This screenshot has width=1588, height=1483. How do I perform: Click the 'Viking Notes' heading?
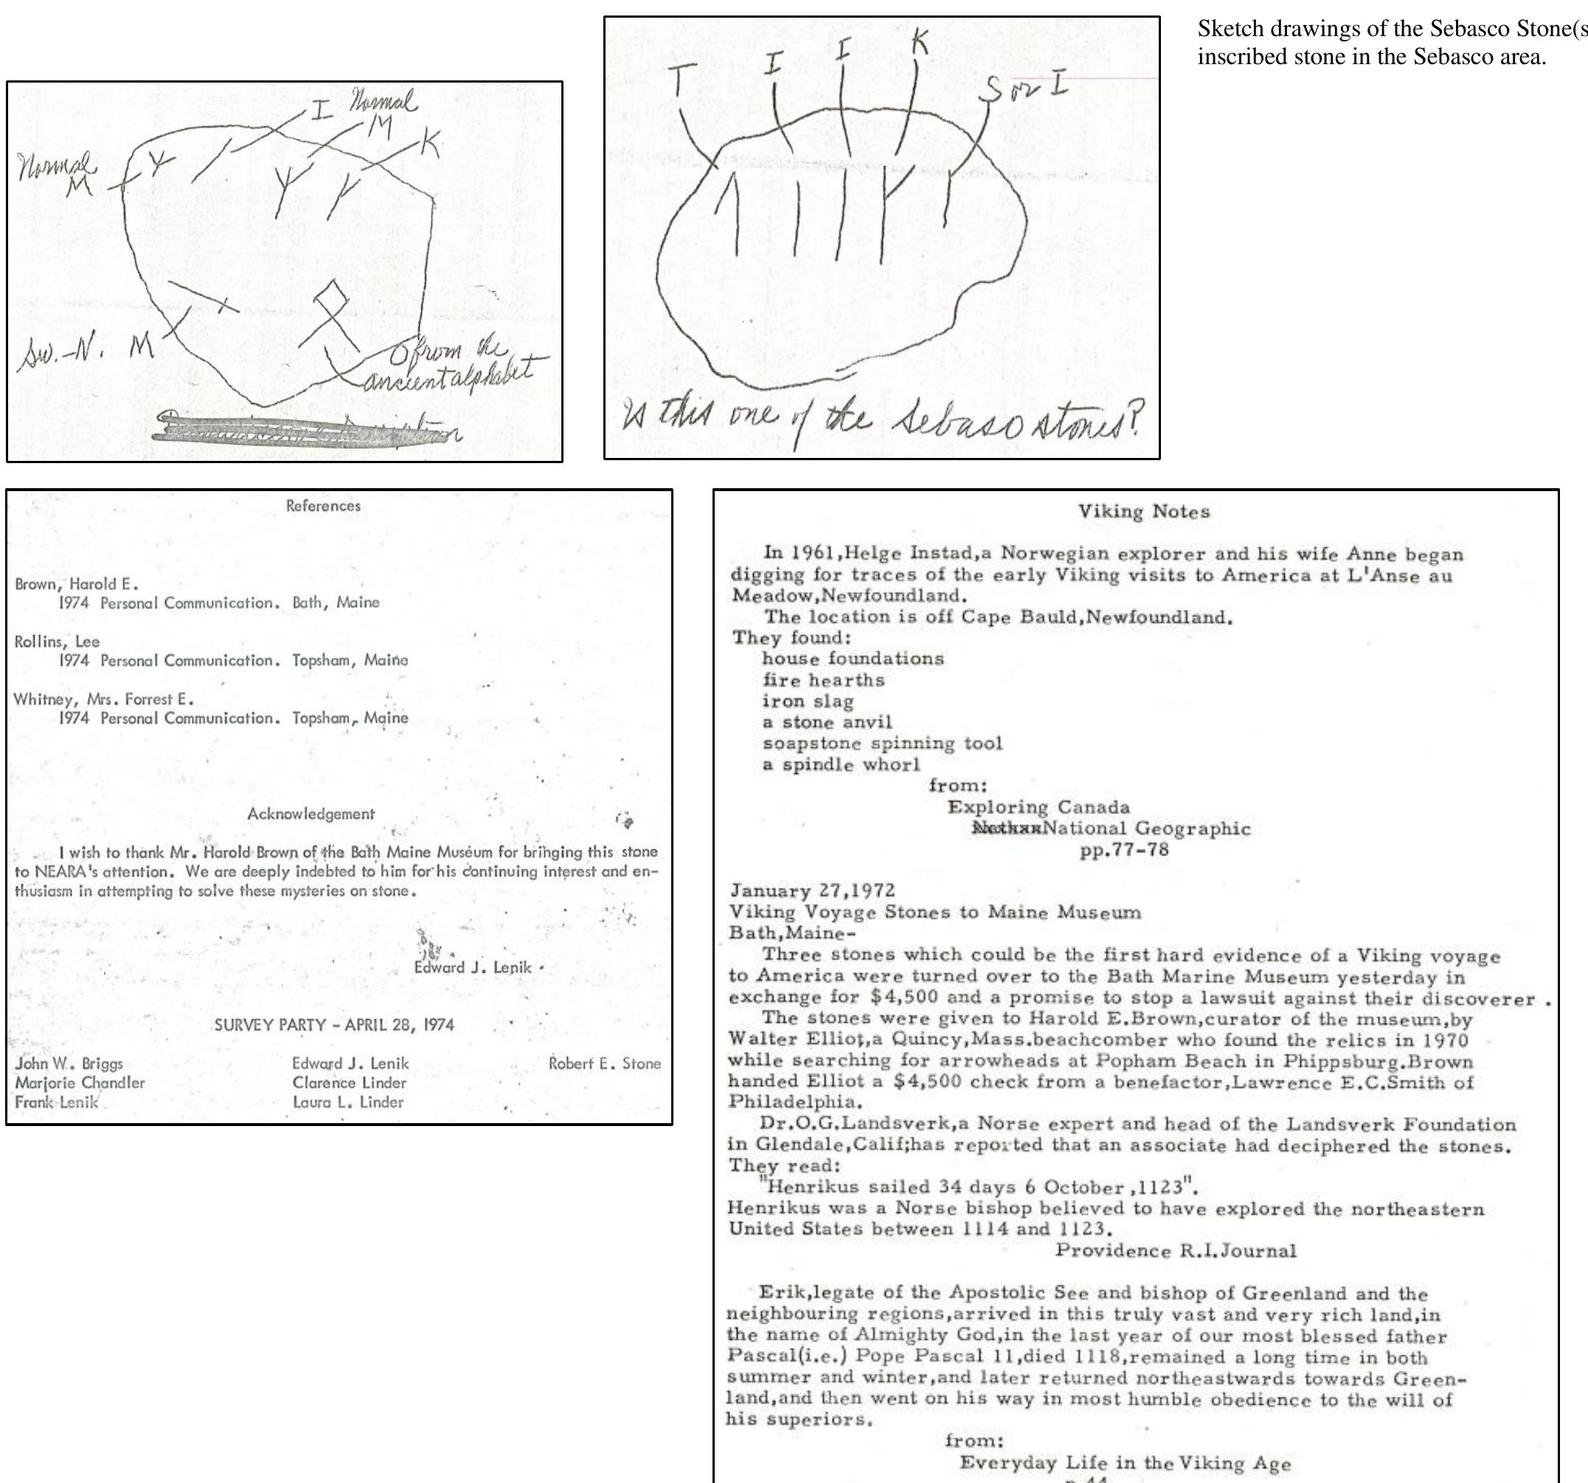[x=1143, y=512]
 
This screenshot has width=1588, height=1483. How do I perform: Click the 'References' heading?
[x=323, y=505]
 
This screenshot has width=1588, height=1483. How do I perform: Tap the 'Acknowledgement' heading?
[x=311, y=814]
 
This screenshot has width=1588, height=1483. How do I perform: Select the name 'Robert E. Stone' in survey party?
[x=604, y=1063]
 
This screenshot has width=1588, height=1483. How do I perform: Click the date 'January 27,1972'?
[x=811, y=890]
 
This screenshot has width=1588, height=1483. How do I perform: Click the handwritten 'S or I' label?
[x=1022, y=88]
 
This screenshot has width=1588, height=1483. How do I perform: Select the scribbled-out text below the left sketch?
[x=311, y=430]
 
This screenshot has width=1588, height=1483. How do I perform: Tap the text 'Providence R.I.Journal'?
[x=1175, y=1250]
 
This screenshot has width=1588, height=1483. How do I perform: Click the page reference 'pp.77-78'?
[x=1123, y=850]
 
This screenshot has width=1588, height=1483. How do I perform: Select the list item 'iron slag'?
[x=807, y=701]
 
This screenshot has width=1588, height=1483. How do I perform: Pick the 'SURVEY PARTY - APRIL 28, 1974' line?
[x=334, y=1024]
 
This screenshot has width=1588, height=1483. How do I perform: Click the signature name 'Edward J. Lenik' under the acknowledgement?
[x=472, y=967]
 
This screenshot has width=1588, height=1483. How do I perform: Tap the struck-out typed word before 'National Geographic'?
[x=1005, y=828]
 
